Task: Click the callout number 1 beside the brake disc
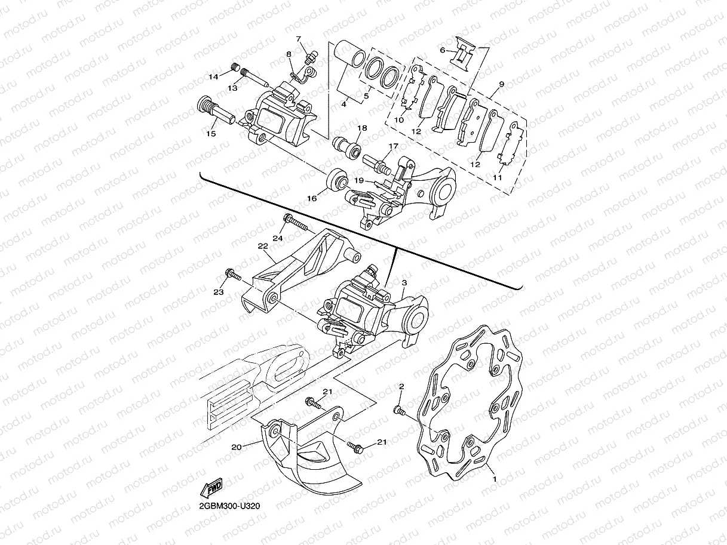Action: (x=493, y=478)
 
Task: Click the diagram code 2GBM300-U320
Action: (x=230, y=506)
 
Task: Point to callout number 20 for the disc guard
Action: (x=237, y=447)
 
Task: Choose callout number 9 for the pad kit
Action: (x=501, y=85)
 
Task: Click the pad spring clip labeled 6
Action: (x=463, y=53)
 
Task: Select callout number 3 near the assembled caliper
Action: (x=404, y=282)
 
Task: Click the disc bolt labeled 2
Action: (x=400, y=410)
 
